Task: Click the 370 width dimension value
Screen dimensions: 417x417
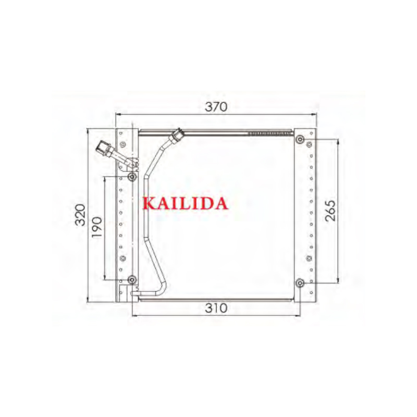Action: [x=216, y=107]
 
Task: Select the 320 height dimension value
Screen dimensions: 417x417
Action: [x=80, y=215]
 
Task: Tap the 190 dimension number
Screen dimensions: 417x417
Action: [x=96, y=227]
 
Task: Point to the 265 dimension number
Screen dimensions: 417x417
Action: [x=330, y=211]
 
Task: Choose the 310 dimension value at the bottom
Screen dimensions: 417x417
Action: [x=216, y=308]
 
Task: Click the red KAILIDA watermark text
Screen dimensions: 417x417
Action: [x=186, y=203]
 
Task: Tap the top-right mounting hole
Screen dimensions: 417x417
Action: [x=300, y=139]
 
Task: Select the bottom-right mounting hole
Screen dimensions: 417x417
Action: [x=300, y=283]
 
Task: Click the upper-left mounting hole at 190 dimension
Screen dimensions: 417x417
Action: [x=132, y=177]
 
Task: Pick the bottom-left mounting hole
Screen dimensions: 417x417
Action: [x=132, y=279]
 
